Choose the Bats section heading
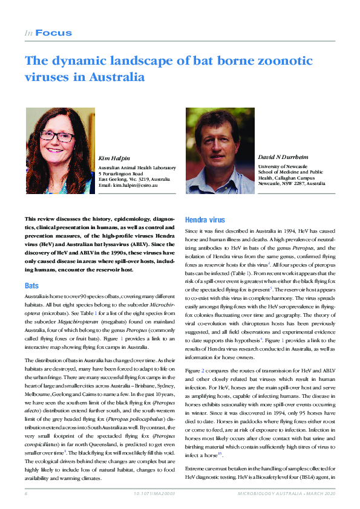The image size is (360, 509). pyautogui.click(x=31, y=285)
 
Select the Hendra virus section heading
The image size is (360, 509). pyautogui.click(x=205, y=221)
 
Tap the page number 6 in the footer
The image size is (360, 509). pyautogui.click(x=27, y=494)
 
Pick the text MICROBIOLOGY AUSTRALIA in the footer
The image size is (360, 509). pyautogui.click(x=264, y=494)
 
